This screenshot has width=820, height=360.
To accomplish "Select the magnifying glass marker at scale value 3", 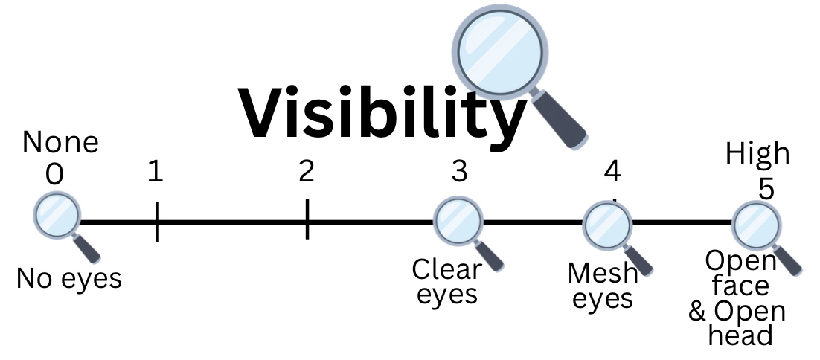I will click(458, 222).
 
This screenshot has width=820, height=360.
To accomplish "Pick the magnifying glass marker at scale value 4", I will click(606, 224).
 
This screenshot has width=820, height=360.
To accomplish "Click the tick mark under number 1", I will click(157, 222).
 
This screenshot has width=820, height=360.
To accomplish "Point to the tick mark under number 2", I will click(307, 219).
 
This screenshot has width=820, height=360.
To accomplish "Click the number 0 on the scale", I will click(54, 174).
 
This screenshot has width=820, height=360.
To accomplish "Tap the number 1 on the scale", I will click(155, 172).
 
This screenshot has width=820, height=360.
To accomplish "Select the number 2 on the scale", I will click(306, 172).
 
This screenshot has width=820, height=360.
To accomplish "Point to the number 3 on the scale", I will click(459, 172).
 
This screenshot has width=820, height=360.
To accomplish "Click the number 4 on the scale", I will click(612, 172).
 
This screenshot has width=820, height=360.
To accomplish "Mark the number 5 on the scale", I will click(766, 188).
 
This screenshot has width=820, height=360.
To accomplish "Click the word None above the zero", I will click(60, 142).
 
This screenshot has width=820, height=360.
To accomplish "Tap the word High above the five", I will click(757, 154).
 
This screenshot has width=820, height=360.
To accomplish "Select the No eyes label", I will click(68, 279).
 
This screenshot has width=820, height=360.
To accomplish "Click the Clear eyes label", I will click(446, 281).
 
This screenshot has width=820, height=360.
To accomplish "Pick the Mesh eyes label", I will click(602, 286).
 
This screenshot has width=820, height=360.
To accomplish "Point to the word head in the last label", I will click(740, 335).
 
